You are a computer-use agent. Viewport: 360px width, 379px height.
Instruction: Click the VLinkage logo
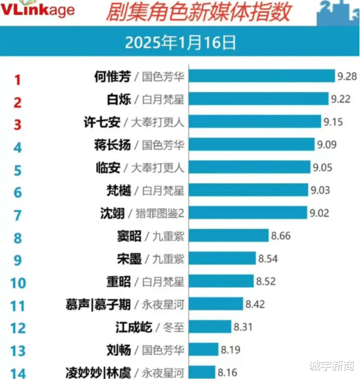37,9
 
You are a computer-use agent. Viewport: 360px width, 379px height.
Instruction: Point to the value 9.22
340,99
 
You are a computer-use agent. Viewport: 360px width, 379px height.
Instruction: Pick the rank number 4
17,147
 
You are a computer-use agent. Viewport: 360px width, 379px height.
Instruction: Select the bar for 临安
250,168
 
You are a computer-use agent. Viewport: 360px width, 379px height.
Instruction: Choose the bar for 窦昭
229,236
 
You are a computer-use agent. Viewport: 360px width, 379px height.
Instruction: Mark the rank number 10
17,283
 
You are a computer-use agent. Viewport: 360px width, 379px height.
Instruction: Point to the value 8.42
255,305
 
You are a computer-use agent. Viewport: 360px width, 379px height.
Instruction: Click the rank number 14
17,372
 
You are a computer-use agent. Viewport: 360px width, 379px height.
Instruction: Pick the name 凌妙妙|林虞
98,372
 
